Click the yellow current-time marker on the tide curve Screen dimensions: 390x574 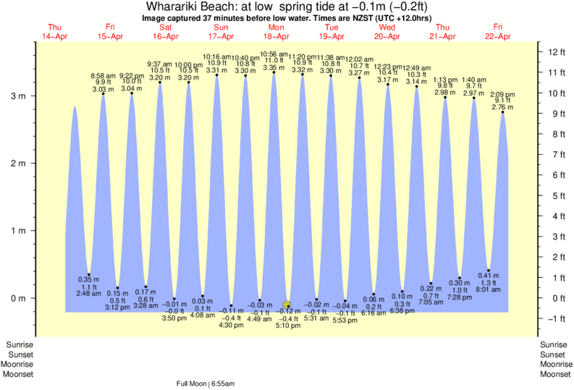[287, 305]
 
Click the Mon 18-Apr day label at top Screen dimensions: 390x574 [275, 32]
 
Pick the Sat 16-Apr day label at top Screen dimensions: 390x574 [164, 32]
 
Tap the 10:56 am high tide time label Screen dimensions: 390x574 [274, 54]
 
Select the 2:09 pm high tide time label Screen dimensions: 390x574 [502, 94]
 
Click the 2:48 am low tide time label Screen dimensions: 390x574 [89, 293]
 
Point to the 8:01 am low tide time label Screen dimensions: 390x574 [489, 289]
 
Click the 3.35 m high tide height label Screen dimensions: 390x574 [274, 68]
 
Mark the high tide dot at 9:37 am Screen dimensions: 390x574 [160, 82]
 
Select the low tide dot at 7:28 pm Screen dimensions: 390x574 [460, 277]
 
